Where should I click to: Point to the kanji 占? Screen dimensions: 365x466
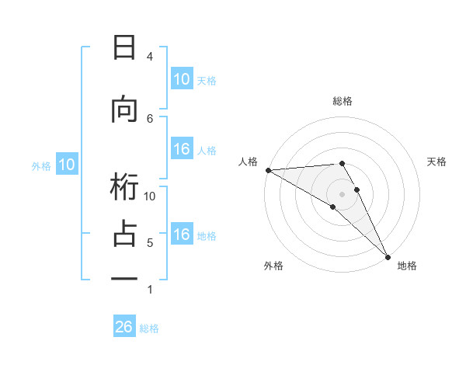coord(124,234)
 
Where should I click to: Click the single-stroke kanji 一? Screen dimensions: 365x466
coord(124,277)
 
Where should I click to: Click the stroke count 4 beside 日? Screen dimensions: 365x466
coord(149,57)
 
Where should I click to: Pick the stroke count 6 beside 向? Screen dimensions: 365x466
coord(149,118)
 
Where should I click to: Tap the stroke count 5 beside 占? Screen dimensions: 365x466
coord(149,243)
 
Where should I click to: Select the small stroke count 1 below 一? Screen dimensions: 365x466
coord(149,290)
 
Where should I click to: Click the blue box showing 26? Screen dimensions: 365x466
coord(124,327)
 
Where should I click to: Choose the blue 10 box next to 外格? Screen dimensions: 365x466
coord(66,165)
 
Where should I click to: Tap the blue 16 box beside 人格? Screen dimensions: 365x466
coord(182,150)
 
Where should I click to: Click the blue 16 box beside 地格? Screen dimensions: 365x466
coord(182,235)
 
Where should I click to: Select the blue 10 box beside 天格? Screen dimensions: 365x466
coord(182,79)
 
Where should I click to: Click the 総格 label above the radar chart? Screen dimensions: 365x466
coord(343,101)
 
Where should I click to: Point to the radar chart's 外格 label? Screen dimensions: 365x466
coord(273,266)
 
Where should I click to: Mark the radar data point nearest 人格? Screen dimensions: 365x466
coord(268,170)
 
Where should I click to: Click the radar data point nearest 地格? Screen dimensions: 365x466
coord(387,255)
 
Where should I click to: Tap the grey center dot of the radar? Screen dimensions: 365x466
coord(343,193)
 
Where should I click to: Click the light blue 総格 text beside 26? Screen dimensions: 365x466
coord(149,328)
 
